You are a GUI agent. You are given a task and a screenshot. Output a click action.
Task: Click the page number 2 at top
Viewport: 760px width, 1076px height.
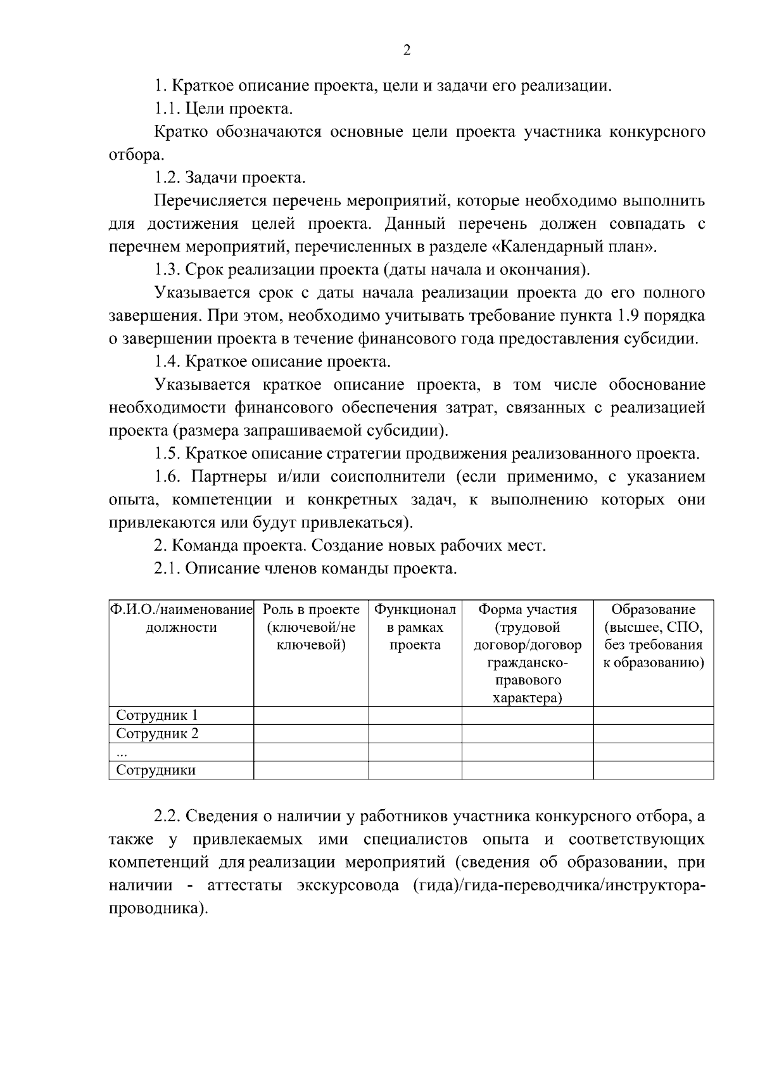tap(407, 51)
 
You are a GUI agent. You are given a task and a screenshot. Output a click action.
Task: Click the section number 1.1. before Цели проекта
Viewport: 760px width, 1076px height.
tap(168, 109)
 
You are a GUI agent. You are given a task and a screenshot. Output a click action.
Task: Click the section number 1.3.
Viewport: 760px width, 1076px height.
tap(168, 270)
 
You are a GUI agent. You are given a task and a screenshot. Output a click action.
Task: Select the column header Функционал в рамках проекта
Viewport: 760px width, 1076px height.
tap(415, 627)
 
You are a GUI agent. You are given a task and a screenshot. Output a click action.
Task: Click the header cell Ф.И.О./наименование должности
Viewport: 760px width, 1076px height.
tap(181, 618)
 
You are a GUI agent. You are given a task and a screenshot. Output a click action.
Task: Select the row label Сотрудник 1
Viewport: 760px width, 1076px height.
tap(157, 715)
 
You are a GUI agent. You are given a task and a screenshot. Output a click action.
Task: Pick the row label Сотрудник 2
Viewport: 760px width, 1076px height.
tap(157, 734)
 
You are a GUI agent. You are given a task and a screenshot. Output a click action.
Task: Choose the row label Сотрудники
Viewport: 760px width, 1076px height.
tap(156, 771)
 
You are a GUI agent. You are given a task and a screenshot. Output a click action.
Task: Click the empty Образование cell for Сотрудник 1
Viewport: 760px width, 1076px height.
tap(653, 715)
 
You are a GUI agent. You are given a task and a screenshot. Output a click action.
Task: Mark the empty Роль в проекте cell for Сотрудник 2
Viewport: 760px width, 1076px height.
tap(311, 734)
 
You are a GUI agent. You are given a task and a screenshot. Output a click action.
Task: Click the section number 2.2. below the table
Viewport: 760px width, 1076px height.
tap(168, 817)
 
